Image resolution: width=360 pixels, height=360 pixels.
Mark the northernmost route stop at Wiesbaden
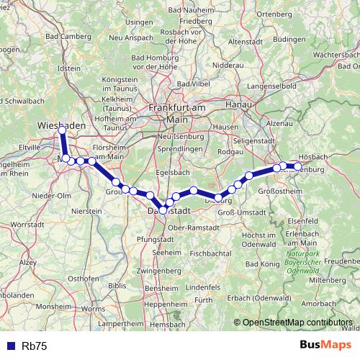tap(62, 130)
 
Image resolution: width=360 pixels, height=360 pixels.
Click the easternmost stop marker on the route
tap(297, 167)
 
